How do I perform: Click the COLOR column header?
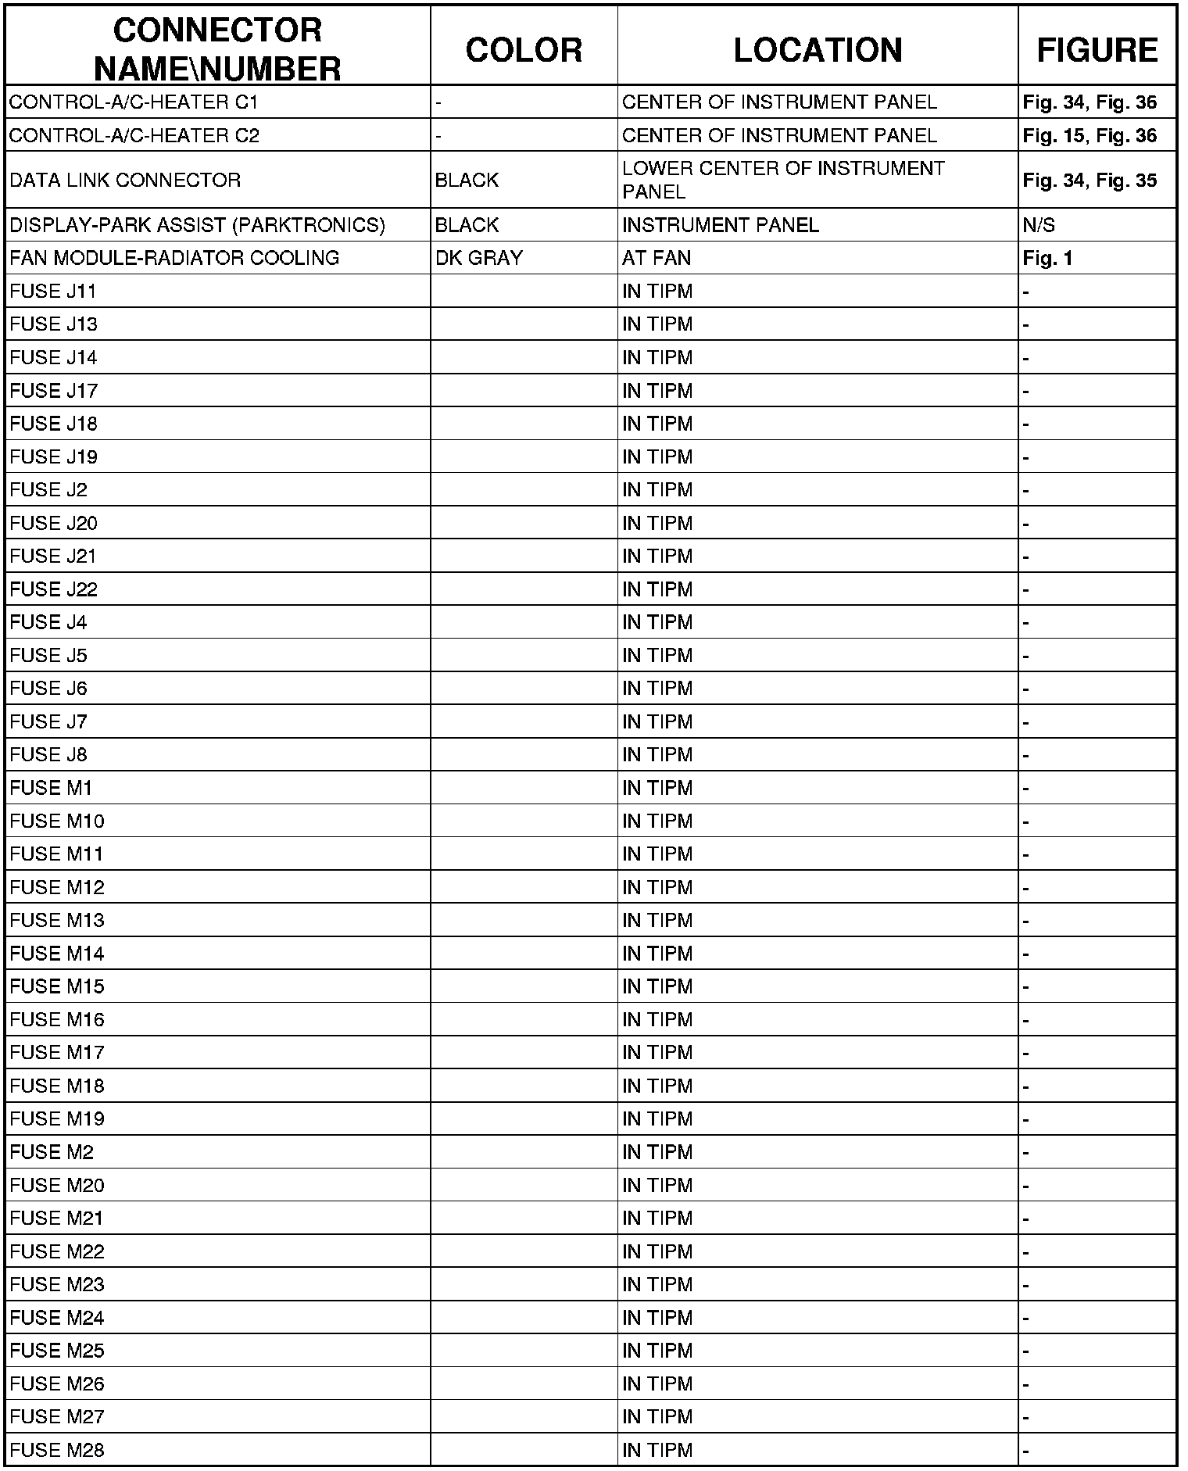[524, 50]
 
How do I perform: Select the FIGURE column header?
[1097, 50]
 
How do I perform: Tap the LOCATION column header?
[818, 50]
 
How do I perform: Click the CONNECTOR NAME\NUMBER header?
[217, 50]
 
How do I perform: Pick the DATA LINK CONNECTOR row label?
[125, 181]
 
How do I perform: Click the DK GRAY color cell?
[478, 258]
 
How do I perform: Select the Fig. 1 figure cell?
[1047, 258]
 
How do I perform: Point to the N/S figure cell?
[1038, 226]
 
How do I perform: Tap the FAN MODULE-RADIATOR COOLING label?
[174, 258]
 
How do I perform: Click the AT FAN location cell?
[657, 258]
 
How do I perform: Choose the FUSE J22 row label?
[54, 589]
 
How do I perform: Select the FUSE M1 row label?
[51, 788]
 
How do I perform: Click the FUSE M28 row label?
[57, 1450]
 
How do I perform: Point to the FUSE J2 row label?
[48, 490]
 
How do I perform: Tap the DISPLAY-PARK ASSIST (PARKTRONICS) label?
[197, 226]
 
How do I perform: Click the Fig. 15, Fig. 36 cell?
[1090, 136]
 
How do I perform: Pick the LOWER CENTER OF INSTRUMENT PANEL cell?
[783, 180]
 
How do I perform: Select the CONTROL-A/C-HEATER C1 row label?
[134, 102]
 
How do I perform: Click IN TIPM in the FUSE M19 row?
[657, 1119]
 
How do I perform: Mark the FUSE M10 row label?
[57, 821]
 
